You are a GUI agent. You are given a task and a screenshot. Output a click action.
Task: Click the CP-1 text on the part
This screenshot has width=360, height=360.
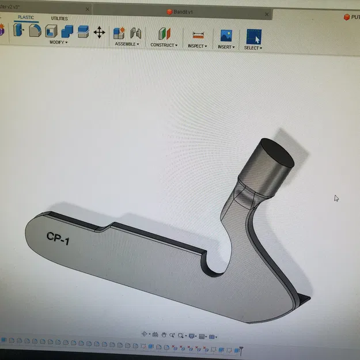point(58,238)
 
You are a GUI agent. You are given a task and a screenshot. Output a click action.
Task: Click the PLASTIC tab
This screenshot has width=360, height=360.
point(25,17)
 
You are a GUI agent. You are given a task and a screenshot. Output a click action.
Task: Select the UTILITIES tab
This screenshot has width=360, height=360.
point(59,18)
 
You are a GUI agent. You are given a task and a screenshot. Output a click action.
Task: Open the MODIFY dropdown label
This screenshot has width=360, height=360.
point(58,42)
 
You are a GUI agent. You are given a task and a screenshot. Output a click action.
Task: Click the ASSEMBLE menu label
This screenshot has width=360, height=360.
point(126,44)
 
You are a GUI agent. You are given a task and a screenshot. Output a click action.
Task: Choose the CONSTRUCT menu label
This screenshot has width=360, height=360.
point(164,45)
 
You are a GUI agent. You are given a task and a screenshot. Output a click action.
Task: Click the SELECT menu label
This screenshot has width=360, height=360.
point(253,48)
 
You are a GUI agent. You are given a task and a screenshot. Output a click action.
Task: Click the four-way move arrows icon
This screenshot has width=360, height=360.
point(99,32)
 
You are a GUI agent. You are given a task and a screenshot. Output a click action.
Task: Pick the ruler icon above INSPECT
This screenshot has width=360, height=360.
point(199,35)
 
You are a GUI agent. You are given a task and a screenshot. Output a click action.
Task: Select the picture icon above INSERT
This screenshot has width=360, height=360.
point(226,36)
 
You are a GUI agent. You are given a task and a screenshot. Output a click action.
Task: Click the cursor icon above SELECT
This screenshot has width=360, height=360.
point(253,37)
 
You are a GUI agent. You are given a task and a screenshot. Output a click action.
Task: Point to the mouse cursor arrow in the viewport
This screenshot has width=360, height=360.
point(336,198)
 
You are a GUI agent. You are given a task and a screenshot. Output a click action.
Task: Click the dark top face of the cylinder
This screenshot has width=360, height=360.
point(275,153)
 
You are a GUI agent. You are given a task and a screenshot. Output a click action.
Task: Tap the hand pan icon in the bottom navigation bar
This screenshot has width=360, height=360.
point(164,335)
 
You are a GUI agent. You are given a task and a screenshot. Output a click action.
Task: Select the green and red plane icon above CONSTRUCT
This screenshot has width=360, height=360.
point(164,34)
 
